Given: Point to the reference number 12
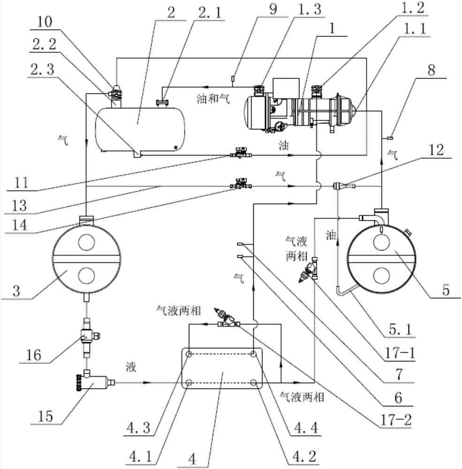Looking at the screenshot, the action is (436, 150).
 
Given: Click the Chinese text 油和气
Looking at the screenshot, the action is (213, 98).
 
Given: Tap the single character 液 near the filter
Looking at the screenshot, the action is (131, 367).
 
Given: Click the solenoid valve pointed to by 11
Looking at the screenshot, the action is (241, 153).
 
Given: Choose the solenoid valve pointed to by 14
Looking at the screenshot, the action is (241, 184).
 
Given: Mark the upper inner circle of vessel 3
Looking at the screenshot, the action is (87, 242).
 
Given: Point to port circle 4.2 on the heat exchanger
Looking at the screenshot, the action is (254, 383).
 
